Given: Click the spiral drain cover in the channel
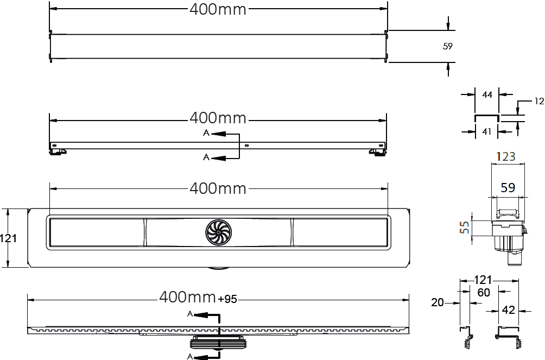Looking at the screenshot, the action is tap(218, 232).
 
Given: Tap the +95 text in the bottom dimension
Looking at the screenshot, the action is tap(227, 299).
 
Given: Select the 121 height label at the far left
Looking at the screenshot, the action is tap(8, 238).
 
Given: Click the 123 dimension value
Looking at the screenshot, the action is tap(505, 156).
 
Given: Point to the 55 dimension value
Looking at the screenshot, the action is tap(464, 228).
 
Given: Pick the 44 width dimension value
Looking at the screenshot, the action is tap(487, 94).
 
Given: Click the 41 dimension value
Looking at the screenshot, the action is tap(486, 131).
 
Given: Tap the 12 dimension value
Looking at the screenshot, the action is tap(539, 101).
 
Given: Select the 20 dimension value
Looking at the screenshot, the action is tap(438, 302).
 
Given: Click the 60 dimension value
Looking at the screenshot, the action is tap(484, 293).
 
